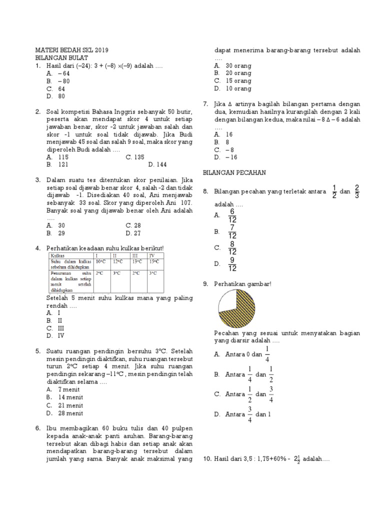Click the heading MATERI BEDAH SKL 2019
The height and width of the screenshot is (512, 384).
71,50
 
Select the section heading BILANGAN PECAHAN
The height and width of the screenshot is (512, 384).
234,172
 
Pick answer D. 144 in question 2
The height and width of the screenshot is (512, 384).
157,164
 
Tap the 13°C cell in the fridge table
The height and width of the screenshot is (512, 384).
137,261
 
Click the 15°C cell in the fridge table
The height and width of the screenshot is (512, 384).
154,261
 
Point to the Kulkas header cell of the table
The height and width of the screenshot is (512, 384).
57,255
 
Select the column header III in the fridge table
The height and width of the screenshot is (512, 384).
134,255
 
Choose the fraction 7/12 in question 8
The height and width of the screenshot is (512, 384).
232,231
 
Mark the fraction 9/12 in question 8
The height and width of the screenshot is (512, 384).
232,264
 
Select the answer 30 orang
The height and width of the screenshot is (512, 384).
232,65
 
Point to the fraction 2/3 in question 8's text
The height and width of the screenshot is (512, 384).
356,191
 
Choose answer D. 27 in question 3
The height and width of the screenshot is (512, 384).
133,233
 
